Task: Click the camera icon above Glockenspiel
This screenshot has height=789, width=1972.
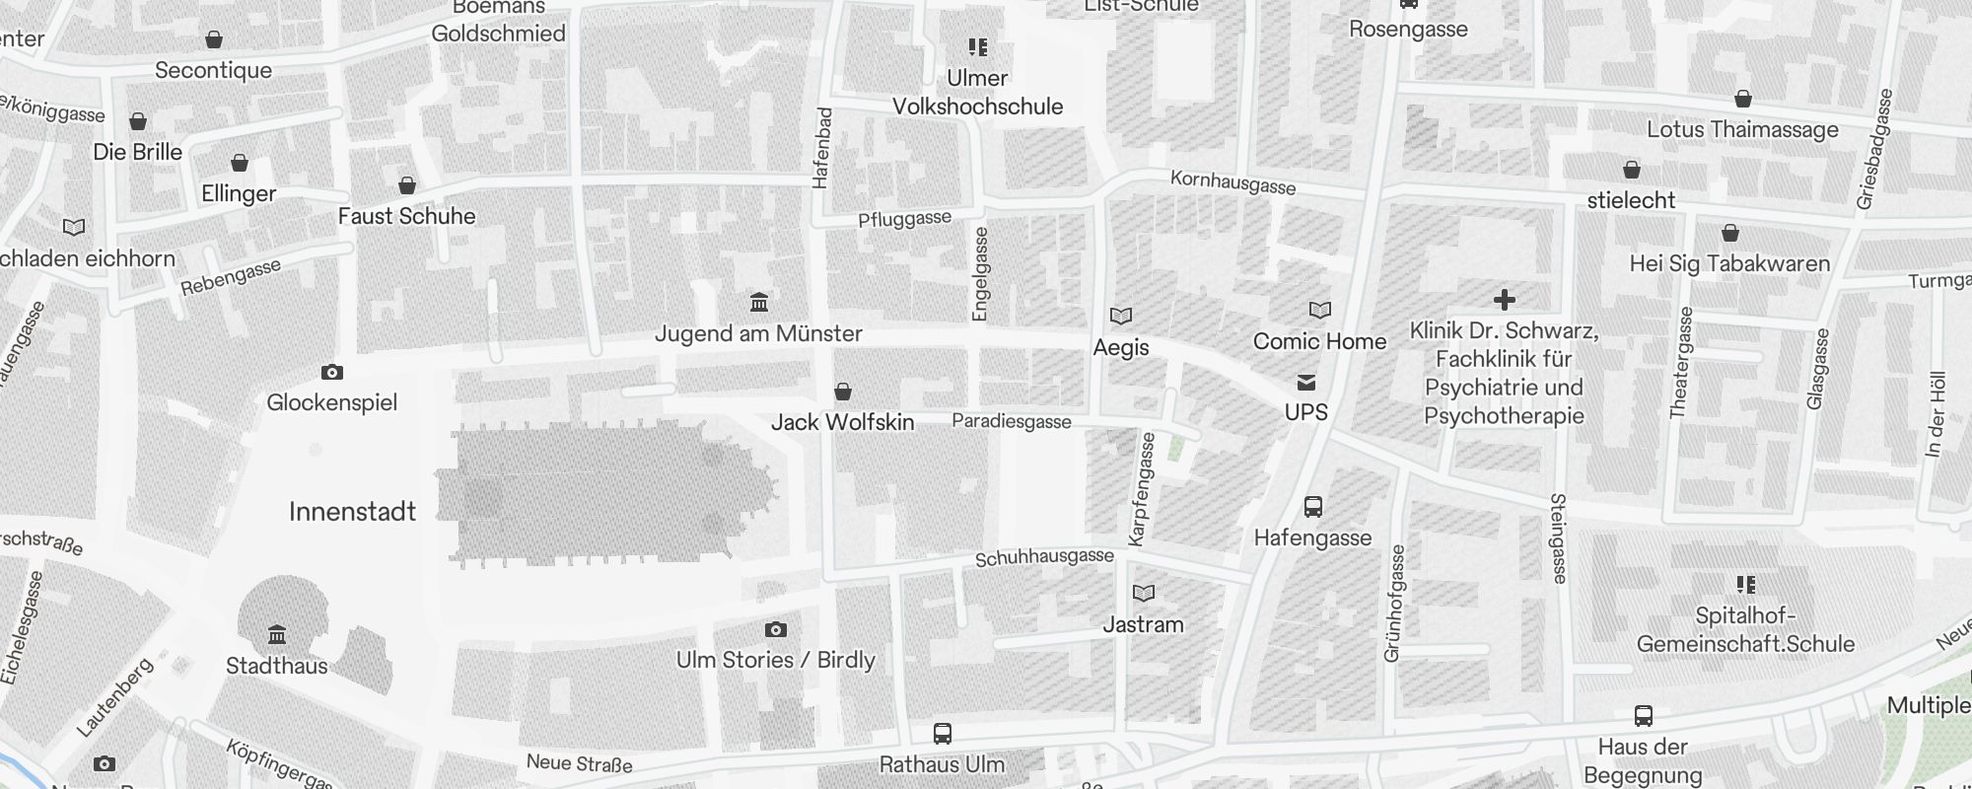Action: coord(332,373)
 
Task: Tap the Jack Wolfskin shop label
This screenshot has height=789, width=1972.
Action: coord(842,422)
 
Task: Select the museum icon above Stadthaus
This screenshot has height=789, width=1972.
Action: coord(277,633)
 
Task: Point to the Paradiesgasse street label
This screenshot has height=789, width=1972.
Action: coord(1011,422)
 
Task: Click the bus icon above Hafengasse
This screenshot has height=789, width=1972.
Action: coord(1312,507)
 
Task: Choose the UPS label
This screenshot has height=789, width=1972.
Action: coord(1305,412)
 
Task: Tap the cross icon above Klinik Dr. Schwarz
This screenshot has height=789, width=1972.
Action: coord(1504,299)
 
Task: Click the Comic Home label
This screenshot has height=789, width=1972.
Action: coord(1319,341)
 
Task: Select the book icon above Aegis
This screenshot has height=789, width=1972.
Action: coord(1121,316)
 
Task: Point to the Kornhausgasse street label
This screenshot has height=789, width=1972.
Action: coord(1232,182)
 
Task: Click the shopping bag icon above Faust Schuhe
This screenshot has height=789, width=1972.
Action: coord(406,185)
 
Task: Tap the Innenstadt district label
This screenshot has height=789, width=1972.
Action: coord(352,511)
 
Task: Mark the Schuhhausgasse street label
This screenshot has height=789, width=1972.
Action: coord(1044,558)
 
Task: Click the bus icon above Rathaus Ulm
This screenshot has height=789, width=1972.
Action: coord(942,734)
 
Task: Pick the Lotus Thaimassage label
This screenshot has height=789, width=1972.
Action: coord(1741,129)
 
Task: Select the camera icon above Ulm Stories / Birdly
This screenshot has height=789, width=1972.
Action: coord(776,629)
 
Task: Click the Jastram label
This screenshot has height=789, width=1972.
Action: coord(1143,624)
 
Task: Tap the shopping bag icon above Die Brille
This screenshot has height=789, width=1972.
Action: coord(138,121)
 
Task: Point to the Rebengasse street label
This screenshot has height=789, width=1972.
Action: coord(231,277)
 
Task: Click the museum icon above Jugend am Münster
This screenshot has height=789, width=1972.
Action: coord(759,302)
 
